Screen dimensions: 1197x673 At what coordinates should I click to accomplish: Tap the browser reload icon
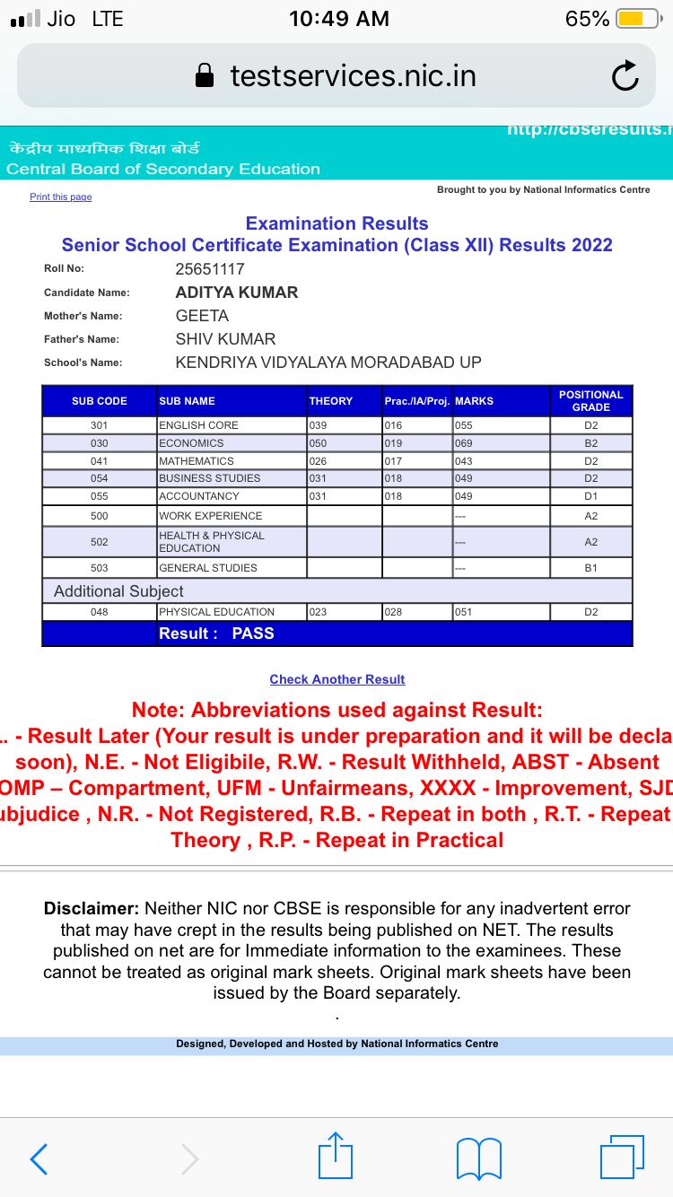(625, 76)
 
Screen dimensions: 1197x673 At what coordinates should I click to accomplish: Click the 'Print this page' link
(60, 197)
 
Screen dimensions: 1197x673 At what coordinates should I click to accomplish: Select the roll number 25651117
(210, 268)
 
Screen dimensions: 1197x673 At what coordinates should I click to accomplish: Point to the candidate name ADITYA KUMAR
(237, 293)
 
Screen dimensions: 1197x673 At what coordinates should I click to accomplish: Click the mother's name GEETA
(202, 316)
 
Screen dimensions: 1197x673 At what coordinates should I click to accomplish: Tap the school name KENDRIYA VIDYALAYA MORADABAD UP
(328, 363)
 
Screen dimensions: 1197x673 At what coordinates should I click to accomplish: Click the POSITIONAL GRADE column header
(590, 401)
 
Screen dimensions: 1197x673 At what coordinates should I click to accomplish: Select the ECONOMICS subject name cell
(191, 443)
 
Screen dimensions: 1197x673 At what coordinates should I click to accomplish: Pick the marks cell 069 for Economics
(463, 443)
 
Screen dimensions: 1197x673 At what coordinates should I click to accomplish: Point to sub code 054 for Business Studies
(99, 478)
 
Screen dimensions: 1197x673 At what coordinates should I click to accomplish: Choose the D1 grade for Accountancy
(590, 496)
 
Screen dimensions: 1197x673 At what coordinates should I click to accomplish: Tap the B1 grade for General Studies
(590, 568)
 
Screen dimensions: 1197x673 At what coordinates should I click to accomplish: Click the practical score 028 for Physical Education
(393, 612)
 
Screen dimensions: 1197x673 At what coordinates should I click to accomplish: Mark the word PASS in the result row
(253, 633)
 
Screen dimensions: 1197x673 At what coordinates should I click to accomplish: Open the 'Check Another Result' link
(337, 679)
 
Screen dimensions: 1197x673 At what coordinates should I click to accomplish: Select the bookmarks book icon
(479, 1158)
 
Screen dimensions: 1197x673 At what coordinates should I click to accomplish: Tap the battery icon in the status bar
(638, 19)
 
